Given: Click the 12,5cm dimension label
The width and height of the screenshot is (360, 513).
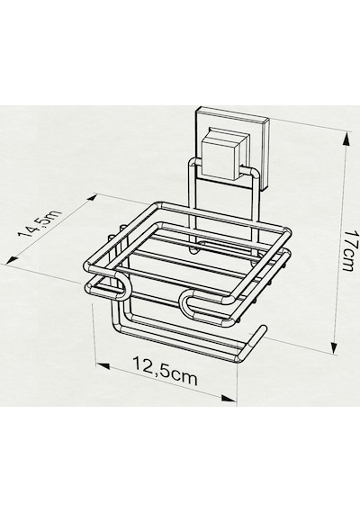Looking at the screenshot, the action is coord(165,372).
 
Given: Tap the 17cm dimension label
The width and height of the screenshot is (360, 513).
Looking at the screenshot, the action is coord(346,250).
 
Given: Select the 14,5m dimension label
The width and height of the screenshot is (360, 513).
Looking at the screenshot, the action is coord(40,224).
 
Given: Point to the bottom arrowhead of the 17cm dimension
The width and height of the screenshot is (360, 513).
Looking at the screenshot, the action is coord(334,347).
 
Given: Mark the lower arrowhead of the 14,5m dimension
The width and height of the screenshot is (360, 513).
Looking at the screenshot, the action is coord(13,260).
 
